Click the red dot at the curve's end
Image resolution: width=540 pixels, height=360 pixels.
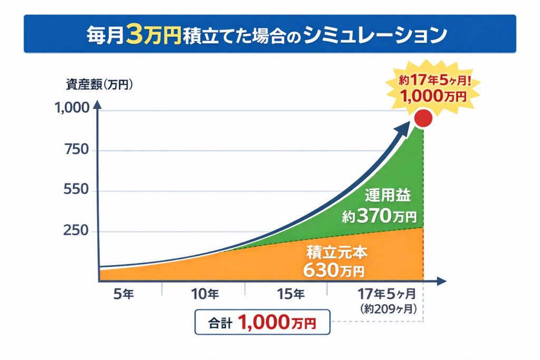(x=423, y=119)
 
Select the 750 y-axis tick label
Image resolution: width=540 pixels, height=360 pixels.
(x=76, y=151)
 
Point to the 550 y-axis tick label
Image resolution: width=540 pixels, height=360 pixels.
(x=76, y=191)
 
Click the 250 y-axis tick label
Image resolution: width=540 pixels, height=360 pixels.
(x=76, y=231)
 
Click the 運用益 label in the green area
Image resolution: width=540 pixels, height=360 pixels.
(x=387, y=196)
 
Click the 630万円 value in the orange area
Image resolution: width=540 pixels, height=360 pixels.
(x=334, y=270)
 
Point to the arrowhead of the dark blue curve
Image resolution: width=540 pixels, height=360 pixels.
(x=406, y=126)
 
